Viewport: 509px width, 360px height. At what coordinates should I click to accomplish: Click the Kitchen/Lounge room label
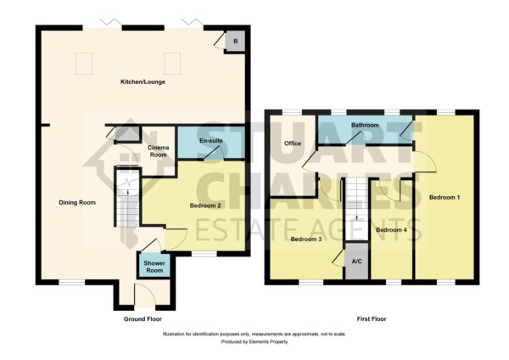(x=143, y=82)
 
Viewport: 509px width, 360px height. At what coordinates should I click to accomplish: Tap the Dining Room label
(x=77, y=202)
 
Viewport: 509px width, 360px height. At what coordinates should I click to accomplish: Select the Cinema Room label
(x=158, y=151)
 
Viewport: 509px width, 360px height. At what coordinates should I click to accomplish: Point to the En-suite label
(x=211, y=141)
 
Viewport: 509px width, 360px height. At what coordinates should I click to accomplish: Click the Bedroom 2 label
(x=205, y=205)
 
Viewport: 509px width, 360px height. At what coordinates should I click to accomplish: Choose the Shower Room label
(x=154, y=267)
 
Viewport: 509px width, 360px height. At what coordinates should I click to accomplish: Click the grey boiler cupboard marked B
(x=235, y=42)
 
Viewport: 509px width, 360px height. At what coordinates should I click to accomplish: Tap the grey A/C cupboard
(x=357, y=261)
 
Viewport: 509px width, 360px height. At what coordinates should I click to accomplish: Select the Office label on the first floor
(x=293, y=143)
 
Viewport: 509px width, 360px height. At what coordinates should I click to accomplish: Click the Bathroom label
(x=365, y=125)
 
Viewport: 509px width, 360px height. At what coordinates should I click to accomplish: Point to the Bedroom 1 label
(x=445, y=197)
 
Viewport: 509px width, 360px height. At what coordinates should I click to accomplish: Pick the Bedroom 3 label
(x=306, y=239)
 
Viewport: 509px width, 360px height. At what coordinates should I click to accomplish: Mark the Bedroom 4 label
(x=391, y=230)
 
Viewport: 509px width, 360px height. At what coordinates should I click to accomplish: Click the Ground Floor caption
(x=143, y=319)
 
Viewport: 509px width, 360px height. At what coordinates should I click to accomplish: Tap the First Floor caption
(x=372, y=319)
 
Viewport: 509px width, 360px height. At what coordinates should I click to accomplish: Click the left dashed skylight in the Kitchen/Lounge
(x=84, y=64)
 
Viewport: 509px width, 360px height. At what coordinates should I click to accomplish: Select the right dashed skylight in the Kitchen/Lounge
(x=172, y=64)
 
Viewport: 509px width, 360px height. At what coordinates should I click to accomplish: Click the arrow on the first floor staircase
(x=357, y=217)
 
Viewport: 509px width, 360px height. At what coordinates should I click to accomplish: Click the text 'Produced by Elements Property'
(x=255, y=342)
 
